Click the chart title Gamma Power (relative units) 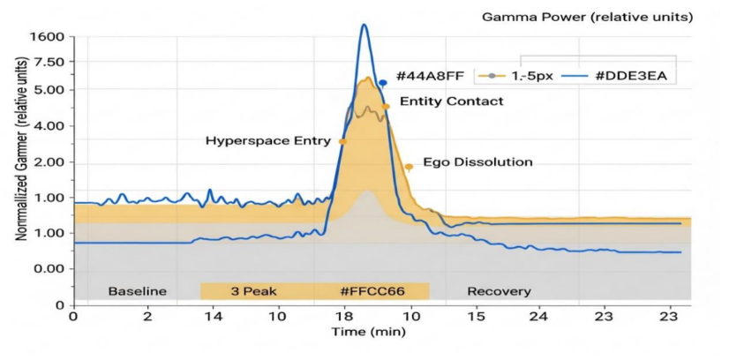(x=587, y=17)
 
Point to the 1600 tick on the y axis (x=47, y=37)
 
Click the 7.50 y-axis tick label (x=49, y=63)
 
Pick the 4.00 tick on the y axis (x=49, y=126)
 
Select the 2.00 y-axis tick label (x=49, y=162)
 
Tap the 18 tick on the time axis (x=343, y=315)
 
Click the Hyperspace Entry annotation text (x=268, y=140)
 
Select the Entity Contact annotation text (x=452, y=101)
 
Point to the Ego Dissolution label (x=477, y=162)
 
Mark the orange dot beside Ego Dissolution (x=409, y=167)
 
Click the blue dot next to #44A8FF (x=383, y=82)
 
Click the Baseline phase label (x=137, y=291)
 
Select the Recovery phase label (x=499, y=291)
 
